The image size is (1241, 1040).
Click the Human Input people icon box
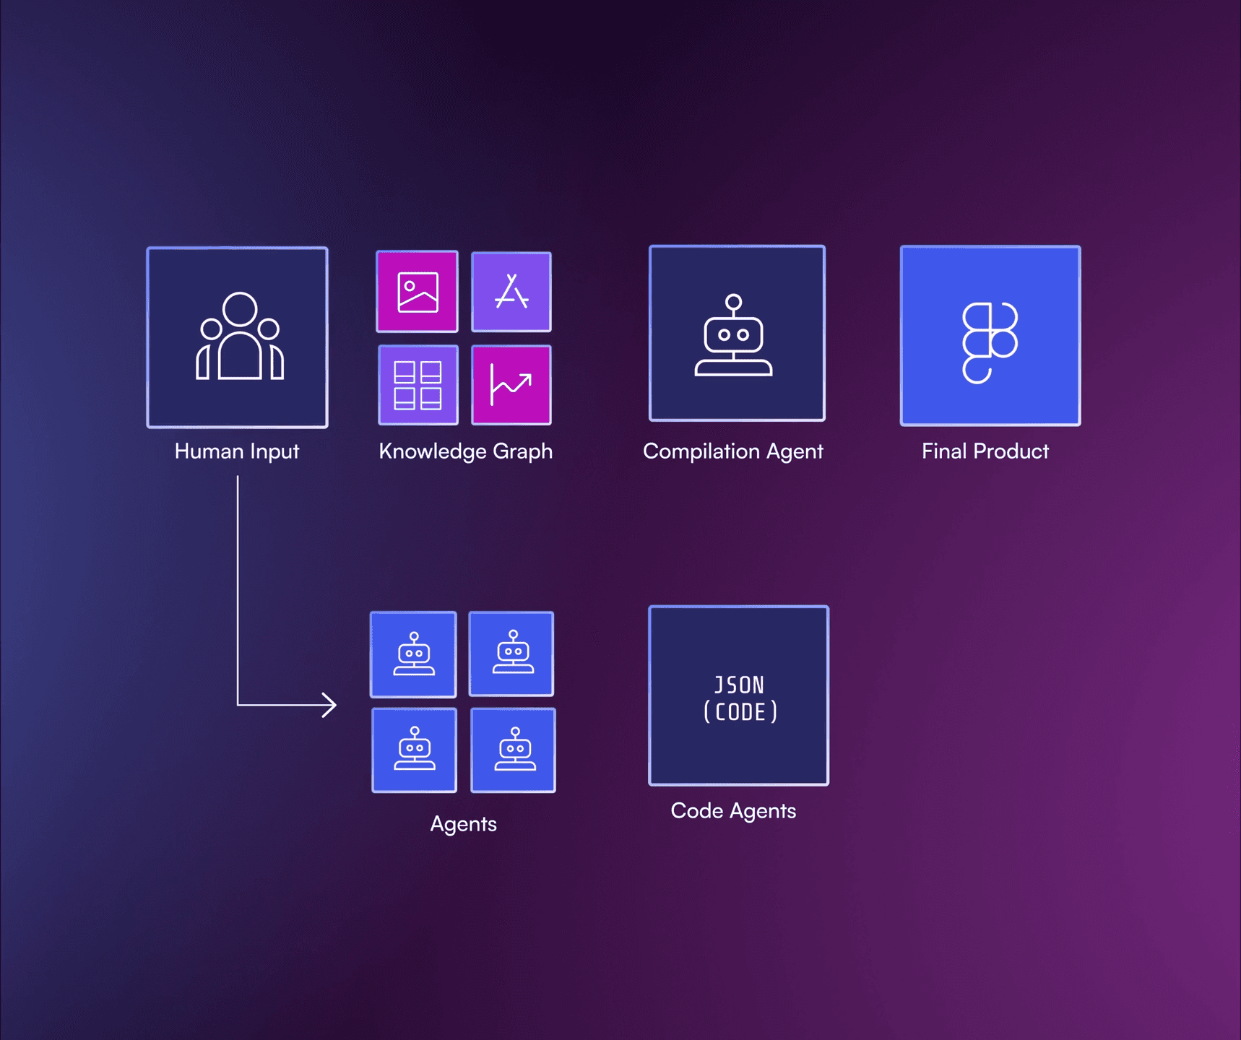[237, 337]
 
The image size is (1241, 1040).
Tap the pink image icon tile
[417, 292]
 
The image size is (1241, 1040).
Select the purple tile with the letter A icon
[511, 292]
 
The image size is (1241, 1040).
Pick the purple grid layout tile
[418, 385]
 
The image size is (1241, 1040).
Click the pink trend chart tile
[511, 385]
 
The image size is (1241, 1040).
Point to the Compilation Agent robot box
[737, 333]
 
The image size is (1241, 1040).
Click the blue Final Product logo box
[990, 336]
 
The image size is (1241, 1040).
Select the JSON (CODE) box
[738, 695]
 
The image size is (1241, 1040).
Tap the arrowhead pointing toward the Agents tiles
[329, 705]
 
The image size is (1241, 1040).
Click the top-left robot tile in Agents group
[413, 654]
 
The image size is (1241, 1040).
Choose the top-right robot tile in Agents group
[511, 654]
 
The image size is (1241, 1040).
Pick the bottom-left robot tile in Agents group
[414, 750]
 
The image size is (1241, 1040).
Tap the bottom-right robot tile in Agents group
[513, 750]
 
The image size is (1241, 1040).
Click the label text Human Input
[237, 451]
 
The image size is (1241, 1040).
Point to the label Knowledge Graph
[465, 451]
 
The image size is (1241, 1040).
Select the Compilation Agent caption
[732, 451]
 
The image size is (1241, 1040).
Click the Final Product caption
[985, 451]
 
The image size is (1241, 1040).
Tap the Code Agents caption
[732, 811]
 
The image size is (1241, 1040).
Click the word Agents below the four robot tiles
[463, 824]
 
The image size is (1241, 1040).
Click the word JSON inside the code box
[738, 685]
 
